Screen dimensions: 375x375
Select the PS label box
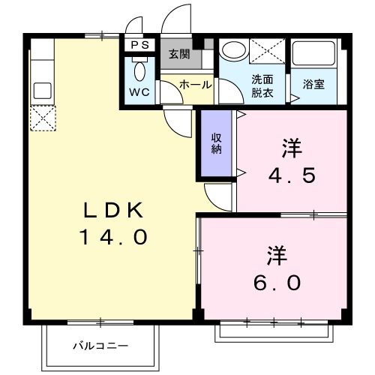click(x=140, y=45)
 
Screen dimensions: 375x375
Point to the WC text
click(x=139, y=93)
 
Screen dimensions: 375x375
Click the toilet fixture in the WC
click(x=140, y=72)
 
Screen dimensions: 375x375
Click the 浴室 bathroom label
click(x=313, y=85)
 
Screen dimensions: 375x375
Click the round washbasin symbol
click(x=235, y=50)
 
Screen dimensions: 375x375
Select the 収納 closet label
click(x=216, y=142)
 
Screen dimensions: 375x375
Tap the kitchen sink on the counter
click(x=42, y=90)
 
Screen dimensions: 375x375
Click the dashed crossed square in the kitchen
click(x=42, y=118)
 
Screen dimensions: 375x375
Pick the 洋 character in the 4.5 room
click(x=292, y=148)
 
